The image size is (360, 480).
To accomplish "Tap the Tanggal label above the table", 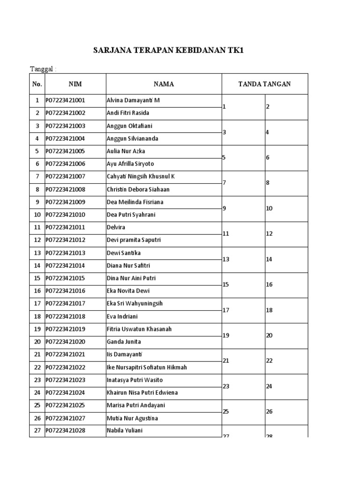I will tap(43, 69).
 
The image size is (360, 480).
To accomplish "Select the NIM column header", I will tap(75, 84).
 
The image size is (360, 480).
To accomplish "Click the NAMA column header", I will tap(164, 84).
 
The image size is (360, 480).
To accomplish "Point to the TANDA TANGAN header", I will tap(264, 84).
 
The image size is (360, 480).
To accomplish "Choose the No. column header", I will tap(37, 84).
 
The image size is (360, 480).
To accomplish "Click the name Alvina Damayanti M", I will tap(133, 101).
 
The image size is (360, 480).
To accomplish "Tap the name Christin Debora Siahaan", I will tap(138, 189).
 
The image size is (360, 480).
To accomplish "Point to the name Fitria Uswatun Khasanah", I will tap(139, 329).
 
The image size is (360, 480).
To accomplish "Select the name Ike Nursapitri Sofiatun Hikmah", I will tap(147, 367).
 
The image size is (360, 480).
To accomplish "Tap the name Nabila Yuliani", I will tap(125, 430).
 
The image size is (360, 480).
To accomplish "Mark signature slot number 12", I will tap(270, 234).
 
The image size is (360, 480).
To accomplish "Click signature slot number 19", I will tap(226, 336).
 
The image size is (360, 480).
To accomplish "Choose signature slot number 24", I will tap(270, 387).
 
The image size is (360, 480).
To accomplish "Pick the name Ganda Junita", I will tap(124, 342).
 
